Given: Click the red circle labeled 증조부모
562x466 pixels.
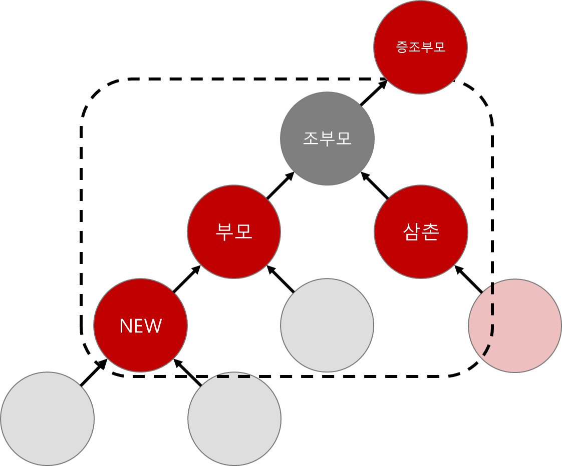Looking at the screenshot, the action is pos(420,47).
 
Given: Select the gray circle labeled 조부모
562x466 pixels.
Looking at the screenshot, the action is pos(327,138).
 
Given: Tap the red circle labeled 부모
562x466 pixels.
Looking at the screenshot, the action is pos(234,232).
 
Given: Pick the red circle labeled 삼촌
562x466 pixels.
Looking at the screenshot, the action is pos(421,232).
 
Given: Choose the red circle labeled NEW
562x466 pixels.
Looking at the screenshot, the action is pos(140,325).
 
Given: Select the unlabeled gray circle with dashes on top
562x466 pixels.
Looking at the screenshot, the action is pos(234,419).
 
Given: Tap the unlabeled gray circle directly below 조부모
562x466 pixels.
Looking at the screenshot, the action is pos(327,325).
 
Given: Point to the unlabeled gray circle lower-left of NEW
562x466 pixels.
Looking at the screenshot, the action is pos(47,418).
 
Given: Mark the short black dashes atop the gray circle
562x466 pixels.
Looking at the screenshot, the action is pos(233,376).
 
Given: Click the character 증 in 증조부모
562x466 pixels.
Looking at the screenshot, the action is pos(402,47).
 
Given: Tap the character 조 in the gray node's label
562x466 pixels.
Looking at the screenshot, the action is pos(311,138).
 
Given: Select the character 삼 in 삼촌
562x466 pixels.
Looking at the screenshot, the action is pos(412,232).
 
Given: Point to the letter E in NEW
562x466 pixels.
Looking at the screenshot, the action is pos(139,326).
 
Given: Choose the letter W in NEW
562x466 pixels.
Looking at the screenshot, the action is pos(153,326).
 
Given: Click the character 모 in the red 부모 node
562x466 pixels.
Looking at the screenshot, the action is pos(243,232).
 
